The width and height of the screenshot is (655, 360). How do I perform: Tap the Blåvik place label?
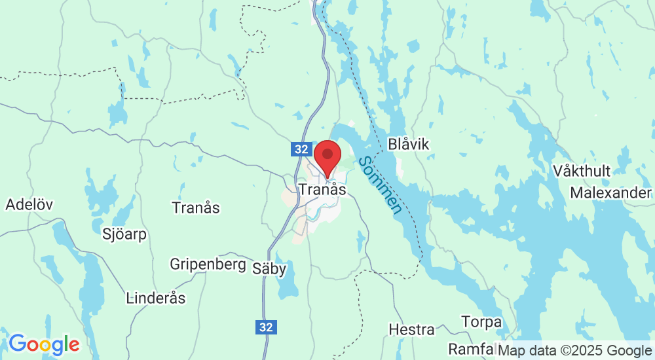click(409, 144)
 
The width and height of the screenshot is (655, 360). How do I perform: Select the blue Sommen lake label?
click(381, 185)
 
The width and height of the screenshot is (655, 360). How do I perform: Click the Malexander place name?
click(610, 193)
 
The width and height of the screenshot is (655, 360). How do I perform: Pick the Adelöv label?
click(29, 204)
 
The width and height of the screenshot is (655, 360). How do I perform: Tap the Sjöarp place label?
click(125, 234)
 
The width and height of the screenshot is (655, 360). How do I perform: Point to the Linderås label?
click(155, 298)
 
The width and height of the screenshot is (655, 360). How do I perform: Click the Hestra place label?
click(411, 329)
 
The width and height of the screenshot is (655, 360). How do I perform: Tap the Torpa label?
click(481, 322)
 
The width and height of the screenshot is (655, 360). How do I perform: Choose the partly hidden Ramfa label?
click(470, 348)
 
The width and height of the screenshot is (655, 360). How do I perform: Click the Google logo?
click(44, 344)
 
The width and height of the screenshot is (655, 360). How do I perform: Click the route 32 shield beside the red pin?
click(301, 149)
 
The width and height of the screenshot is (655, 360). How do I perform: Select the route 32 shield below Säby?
click(266, 327)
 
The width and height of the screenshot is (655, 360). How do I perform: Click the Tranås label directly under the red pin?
click(322, 189)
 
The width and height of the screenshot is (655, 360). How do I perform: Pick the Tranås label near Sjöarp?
click(195, 208)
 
